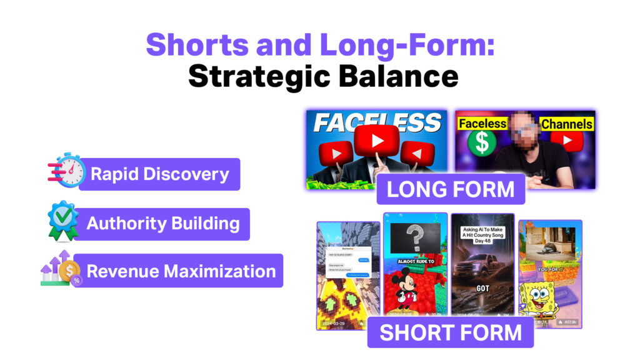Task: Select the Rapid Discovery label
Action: point(159,174)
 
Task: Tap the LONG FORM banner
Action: point(450,189)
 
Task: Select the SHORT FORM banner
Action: point(450,332)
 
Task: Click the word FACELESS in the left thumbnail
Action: point(377,122)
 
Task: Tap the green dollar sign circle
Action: point(482,142)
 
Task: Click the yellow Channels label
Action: point(566,123)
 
